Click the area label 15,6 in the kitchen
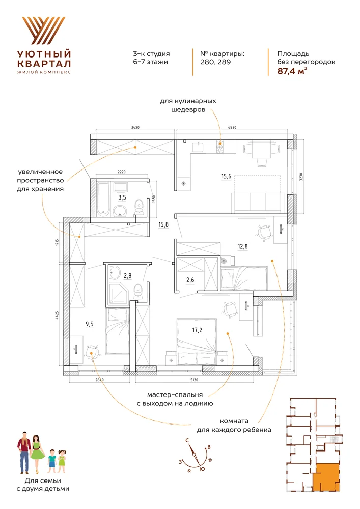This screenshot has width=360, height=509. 226,176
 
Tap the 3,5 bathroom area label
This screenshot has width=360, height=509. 122,197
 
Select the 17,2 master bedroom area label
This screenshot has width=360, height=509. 197,330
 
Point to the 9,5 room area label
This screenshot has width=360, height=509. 90,324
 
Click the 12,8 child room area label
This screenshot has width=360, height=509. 242,246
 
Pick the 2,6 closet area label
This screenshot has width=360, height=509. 190,280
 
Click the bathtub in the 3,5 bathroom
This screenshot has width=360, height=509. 104,199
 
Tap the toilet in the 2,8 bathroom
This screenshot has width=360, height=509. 138,291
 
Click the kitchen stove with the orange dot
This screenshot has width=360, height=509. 220,147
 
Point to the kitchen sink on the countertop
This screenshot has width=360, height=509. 198,147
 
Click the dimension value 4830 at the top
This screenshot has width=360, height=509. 232,128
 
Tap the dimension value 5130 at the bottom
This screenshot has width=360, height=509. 194,380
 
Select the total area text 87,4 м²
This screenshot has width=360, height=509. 292,71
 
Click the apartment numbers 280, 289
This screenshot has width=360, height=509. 215,62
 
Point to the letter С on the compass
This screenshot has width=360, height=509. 187,440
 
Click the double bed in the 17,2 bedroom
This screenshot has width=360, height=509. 197,342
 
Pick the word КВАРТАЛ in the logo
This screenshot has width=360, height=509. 44,63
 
